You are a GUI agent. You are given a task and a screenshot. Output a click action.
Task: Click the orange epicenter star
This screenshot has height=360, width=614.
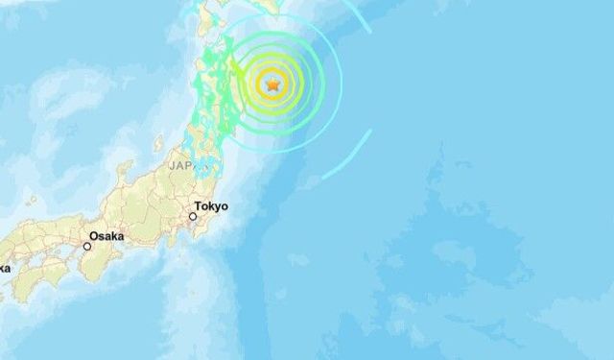pyautogui.click(x=273, y=84)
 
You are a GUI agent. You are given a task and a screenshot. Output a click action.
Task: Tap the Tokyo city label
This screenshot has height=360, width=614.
pyautogui.click(x=211, y=205)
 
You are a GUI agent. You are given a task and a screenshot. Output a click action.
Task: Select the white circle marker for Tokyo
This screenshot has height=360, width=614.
pyautogui.click(x=193, y=217)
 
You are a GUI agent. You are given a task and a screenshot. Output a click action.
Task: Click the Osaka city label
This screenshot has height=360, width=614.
pyautogui.click(x=106, y=235)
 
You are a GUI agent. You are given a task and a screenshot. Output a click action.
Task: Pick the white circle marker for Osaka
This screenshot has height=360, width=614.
pyautogui.click(x=87, y=247)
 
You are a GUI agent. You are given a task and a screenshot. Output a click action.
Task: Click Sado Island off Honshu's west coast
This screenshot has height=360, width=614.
pyautogui.click(x=158, y=144)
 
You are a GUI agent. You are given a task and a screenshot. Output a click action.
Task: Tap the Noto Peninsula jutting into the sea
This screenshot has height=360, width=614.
pyautogui.click(x=122, y=178)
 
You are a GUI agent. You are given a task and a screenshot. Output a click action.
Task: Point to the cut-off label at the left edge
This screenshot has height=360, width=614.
pyautogui.click(x=4, y=268)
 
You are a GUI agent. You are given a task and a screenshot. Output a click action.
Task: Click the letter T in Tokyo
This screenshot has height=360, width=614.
pyautogui.click(x=198, y=205)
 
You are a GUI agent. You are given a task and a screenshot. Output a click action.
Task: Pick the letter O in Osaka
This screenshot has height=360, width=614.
pyautogui.click(x=94, y=235)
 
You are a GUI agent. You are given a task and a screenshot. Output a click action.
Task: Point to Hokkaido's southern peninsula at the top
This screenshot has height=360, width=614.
pyautogui.click(x=206, y=12)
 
